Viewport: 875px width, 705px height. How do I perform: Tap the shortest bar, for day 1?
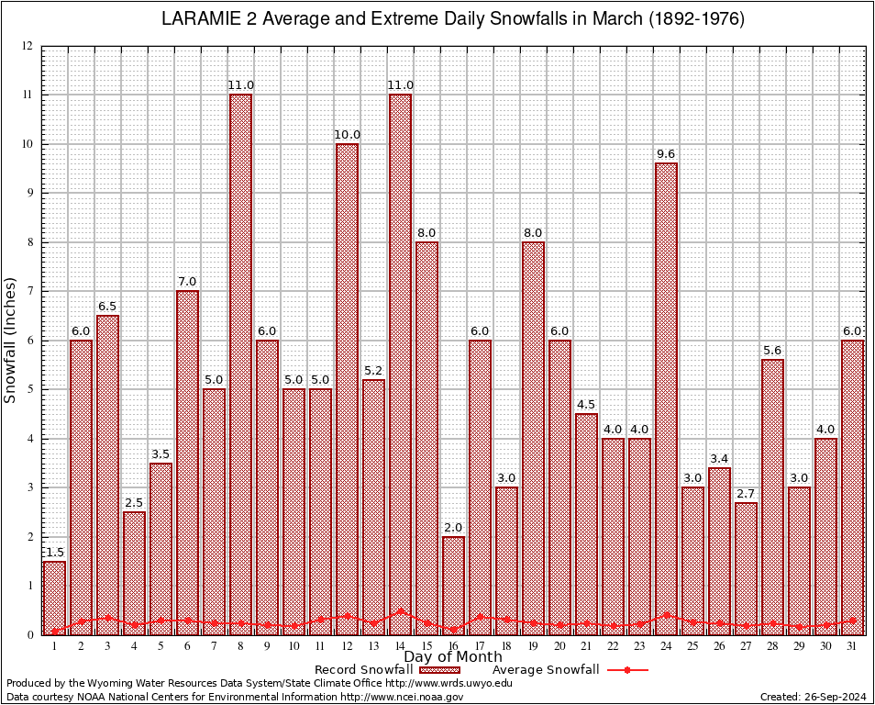coord(54,597)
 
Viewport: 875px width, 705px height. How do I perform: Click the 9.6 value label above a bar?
coord(666,154)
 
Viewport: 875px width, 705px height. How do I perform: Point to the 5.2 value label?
coord(373,371)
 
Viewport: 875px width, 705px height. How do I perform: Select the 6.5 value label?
coord(107,307)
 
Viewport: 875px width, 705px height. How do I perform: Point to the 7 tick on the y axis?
coord(30,291)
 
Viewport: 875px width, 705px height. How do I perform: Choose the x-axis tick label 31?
coord(852,646)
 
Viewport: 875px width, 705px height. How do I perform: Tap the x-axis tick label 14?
coord(400,646)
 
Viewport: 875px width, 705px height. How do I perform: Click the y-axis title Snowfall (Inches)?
coord(11,340)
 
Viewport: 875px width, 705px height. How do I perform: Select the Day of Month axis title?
coord(453,656)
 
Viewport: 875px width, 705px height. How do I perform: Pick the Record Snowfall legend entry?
coord(367,670)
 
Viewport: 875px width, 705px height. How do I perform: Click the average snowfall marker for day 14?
coord(400,610)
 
